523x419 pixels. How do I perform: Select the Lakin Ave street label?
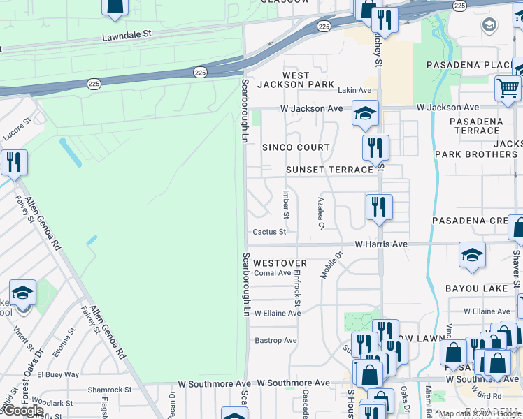[354, 90]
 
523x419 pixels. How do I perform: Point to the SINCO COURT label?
[296, 147]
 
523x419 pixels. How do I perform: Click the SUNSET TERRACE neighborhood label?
[329, 170]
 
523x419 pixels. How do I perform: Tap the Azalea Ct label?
[320, 212]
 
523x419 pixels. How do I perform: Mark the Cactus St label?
[269, 232]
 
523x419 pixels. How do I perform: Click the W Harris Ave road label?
[380, 244]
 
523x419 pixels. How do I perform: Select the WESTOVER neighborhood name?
[280, 263]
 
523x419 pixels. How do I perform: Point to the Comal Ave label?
[272, 273]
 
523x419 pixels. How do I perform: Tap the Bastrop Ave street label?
[275, 341]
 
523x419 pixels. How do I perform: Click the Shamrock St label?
[109, 390]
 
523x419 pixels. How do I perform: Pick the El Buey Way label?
[58, 374]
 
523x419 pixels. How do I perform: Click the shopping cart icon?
[508, 89]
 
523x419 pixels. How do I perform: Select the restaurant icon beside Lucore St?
[14, 163]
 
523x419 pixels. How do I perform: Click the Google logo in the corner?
[23, 410]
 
